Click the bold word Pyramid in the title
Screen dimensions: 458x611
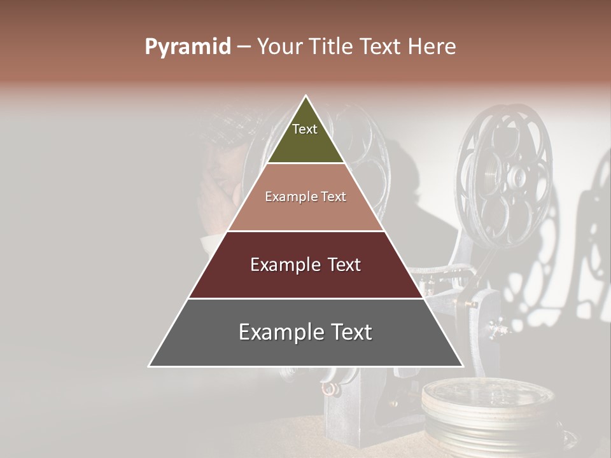(x=187, y=47)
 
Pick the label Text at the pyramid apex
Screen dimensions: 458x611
(x=305, y=129)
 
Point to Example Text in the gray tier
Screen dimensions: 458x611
(x=305, y=332)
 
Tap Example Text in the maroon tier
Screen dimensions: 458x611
(x=305, y=265)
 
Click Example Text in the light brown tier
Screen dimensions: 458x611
(x=305, y=197)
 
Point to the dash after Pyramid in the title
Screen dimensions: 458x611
(x=244, y=47)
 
